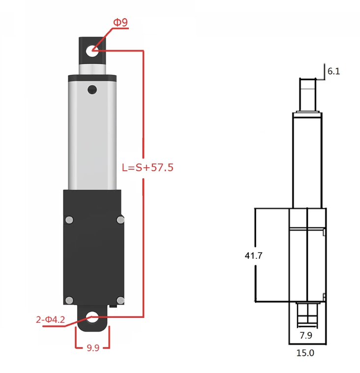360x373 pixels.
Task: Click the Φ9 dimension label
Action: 121,22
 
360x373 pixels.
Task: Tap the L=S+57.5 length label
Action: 148,168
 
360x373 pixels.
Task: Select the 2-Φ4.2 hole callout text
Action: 51,320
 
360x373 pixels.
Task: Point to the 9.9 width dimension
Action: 93,348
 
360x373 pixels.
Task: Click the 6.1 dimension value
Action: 333,71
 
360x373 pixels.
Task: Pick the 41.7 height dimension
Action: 254,255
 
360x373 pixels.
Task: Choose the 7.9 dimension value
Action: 306,336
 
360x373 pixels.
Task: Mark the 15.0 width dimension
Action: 305,353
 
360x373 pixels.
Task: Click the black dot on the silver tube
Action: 92,90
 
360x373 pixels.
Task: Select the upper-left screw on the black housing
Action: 70,219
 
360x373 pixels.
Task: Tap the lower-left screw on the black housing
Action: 70,299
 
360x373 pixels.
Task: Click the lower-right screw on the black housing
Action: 120,299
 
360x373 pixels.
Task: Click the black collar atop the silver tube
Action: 92,77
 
